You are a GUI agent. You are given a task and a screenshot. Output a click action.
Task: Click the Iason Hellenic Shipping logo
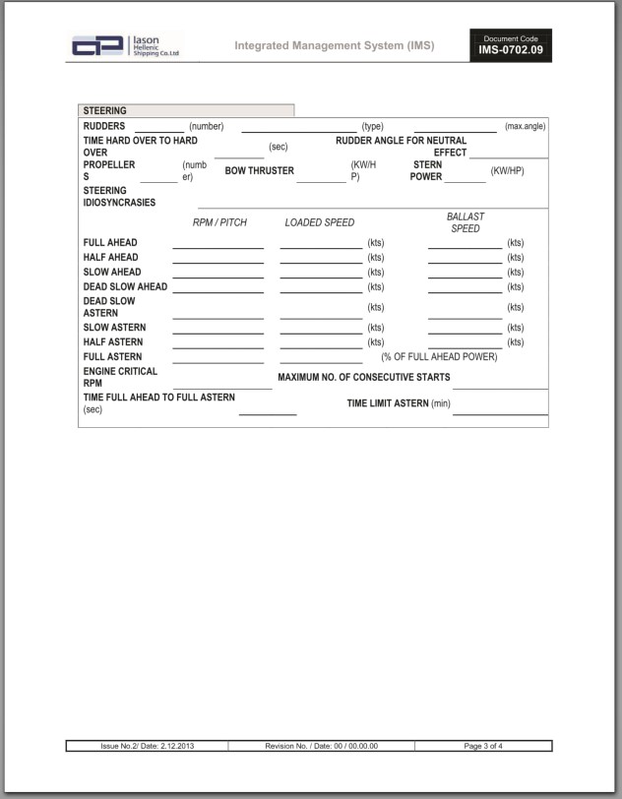point(126,46)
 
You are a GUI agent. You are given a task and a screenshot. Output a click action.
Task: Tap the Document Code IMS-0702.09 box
point(510,45)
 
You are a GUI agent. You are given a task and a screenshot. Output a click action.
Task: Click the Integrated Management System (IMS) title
point(334,46)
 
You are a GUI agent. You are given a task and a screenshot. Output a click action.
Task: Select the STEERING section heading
point(105,111)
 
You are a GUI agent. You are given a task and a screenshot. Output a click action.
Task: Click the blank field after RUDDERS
point(158,127)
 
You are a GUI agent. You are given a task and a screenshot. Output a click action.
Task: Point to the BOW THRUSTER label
point(260,171)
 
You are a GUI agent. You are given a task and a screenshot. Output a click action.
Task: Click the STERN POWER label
point(426,171)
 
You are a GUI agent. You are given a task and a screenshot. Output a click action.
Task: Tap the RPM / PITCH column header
point(219,222)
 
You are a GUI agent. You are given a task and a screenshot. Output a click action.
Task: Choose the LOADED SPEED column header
point(320,222)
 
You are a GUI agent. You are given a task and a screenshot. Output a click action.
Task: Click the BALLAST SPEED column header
point(465,222)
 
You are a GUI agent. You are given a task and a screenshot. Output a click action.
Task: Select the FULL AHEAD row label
point(110,243)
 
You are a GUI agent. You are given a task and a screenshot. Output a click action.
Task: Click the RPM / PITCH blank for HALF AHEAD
point(218,260)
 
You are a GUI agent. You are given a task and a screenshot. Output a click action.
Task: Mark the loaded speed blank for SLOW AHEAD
point(321,275)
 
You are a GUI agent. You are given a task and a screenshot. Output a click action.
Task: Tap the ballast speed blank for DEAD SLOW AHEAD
point(465,289)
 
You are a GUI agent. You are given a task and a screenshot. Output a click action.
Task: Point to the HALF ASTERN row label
point(113,342)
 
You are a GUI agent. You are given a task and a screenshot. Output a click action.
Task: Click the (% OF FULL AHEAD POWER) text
point(439,357)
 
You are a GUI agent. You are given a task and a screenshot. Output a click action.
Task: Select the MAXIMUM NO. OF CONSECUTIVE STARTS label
point(364,378)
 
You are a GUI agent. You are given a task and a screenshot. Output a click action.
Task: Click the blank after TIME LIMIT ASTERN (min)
point(500,410)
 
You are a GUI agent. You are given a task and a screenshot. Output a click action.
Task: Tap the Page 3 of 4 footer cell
point(483,746)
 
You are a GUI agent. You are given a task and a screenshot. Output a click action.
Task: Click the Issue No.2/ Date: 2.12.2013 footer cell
point(148,746)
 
